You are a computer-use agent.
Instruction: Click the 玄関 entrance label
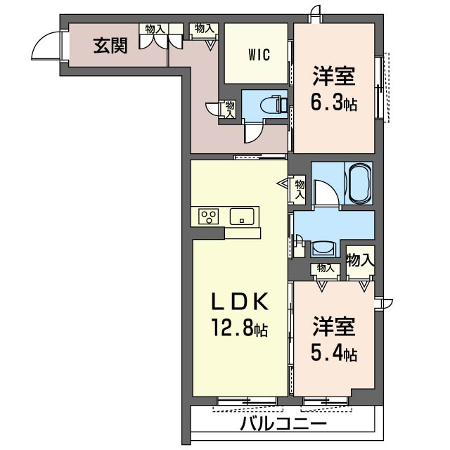(110, 46)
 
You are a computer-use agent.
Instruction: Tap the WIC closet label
(259, 55)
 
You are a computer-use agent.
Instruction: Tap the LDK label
(240, 302)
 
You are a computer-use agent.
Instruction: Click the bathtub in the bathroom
(359, 184)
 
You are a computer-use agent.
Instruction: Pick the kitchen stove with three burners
(209, 217)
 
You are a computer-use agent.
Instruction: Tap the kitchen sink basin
(242, 217)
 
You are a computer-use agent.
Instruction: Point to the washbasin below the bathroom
(323, 248)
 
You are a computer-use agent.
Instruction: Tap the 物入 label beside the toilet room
(230, 109)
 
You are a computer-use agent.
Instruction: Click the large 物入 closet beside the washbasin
(360, 260)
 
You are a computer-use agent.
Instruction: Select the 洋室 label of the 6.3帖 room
(334, 77)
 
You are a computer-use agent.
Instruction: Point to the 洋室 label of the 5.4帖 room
(334, 326)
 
